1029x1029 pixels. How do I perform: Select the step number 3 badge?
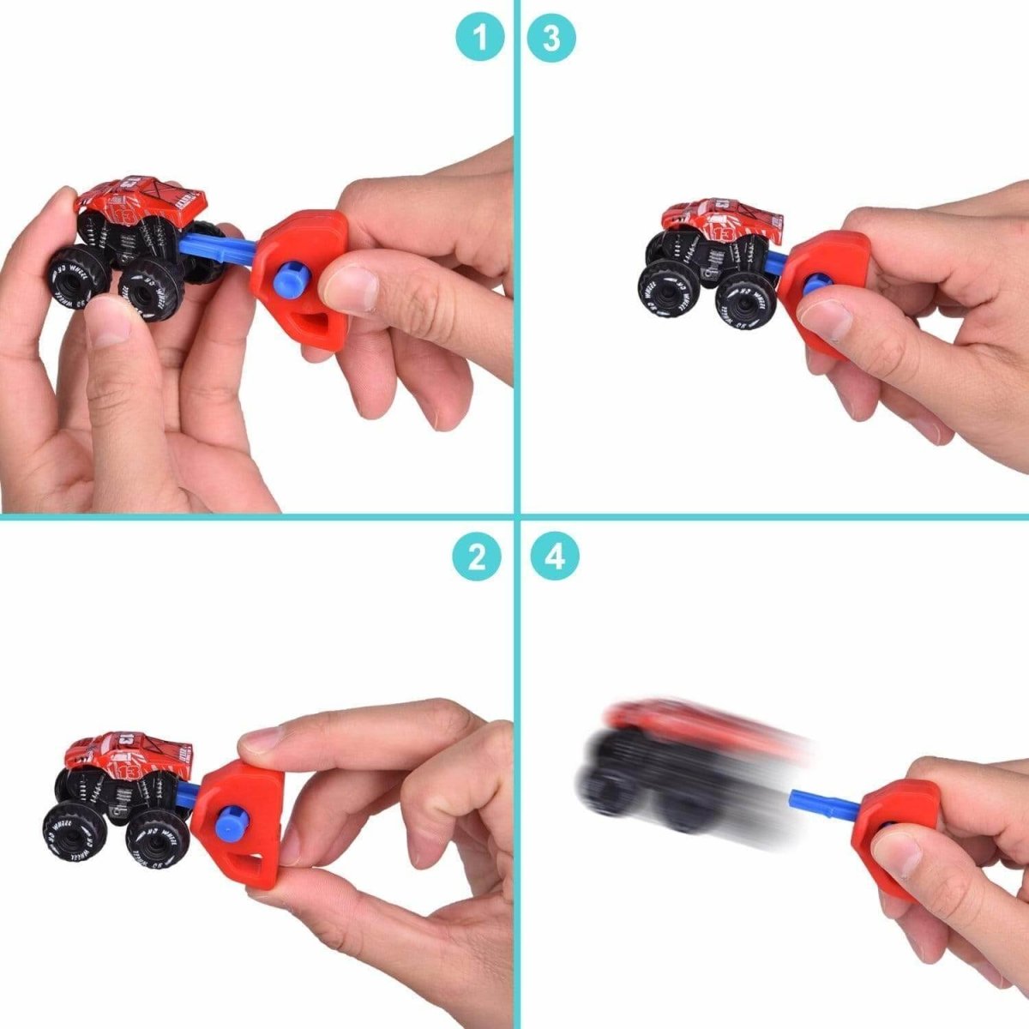pyautogui.click(x=551, y=38)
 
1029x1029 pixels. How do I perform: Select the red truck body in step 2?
pyautogui.click(x=129, y=754)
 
